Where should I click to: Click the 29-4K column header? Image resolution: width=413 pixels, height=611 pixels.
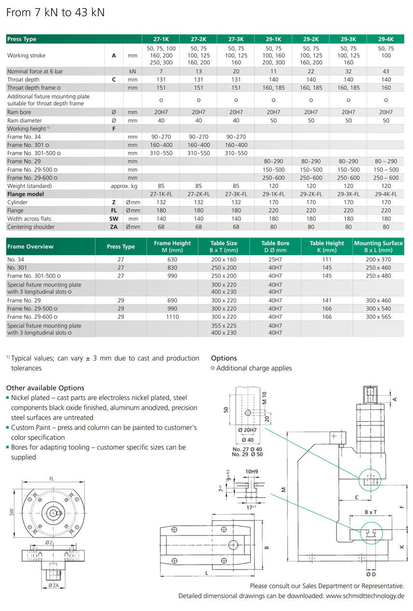coord(386,39)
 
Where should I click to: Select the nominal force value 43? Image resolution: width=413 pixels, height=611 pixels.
coord(386,71)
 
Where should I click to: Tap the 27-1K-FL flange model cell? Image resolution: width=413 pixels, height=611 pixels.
coord(161,194)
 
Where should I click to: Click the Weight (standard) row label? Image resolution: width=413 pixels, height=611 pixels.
coord(29,186)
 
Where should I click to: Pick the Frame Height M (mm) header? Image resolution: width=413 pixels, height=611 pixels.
coord(172,247)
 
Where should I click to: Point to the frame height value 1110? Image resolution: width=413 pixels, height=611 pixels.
coord(172,317)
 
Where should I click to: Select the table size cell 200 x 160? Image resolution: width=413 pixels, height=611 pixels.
coord(224,260)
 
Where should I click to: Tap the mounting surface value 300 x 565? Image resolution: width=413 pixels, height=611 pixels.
coord(379,317)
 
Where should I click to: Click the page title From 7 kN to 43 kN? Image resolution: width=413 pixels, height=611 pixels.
coord(55,13)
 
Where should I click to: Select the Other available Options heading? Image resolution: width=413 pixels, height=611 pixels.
coord(45,388)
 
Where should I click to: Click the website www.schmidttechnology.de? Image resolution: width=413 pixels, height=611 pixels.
coord(365,596)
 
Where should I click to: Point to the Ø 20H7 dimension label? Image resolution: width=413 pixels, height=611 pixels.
coord(247,429)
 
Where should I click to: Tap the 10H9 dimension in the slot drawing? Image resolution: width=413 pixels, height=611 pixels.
coord(252,472)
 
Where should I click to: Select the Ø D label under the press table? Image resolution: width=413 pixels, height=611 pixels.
coord(371,574)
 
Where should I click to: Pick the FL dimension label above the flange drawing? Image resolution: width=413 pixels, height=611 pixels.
coord(52,479)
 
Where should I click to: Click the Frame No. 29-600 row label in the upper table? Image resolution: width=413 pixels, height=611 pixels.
coord(30,178)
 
